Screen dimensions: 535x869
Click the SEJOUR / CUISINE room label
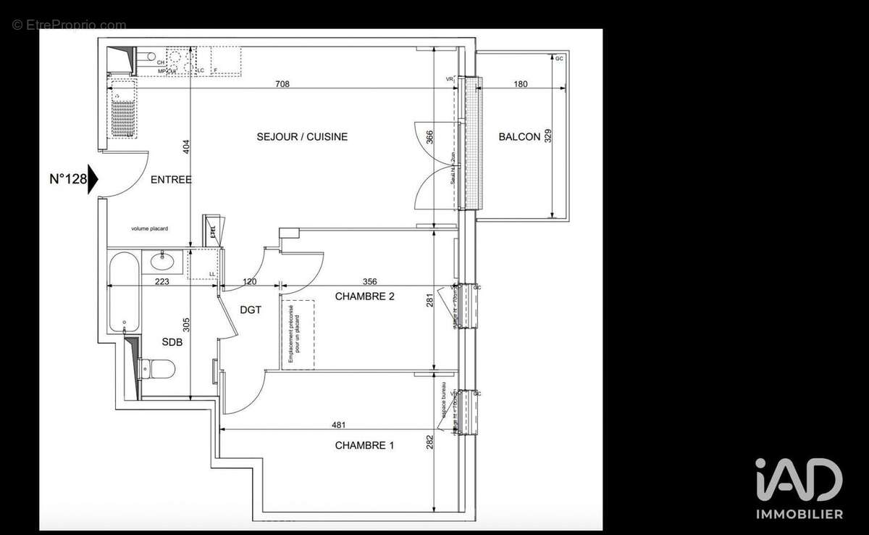coord(302,136)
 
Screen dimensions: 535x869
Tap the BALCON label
coord(519,136)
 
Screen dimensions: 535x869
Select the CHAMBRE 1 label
coord(364,445)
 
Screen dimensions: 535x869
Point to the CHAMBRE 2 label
coord(364,296)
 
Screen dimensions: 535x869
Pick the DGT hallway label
coord(250,310)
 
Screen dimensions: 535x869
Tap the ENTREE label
coord(171,179)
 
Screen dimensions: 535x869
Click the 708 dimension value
coord(282,84)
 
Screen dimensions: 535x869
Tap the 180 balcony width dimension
coord(520,84)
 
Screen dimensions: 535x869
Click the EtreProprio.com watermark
coord(69,25)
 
